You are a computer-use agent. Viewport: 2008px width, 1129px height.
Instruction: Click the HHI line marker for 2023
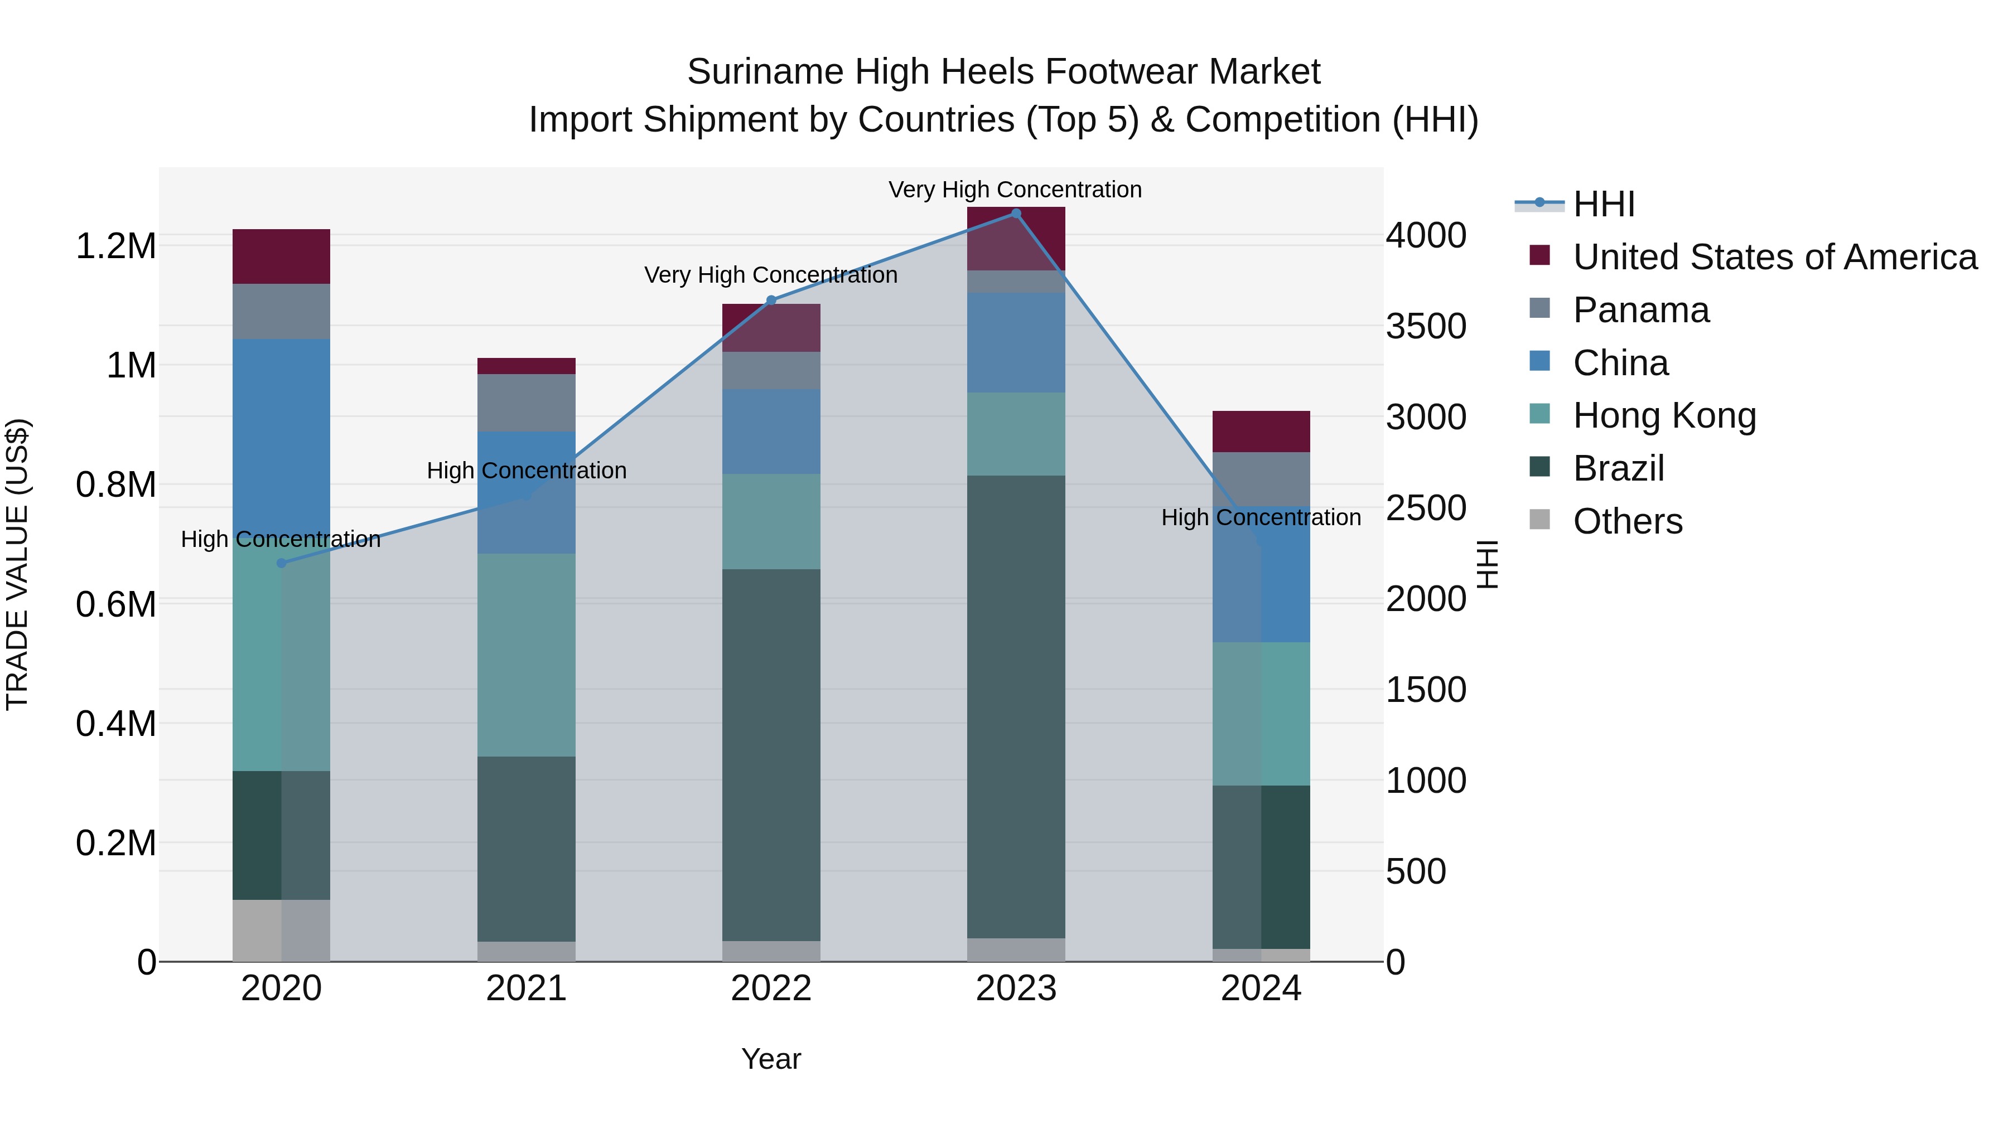pyautogui.click(x=1016, y=214)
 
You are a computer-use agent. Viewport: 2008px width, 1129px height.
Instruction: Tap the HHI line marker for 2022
pyautogui.click(x=771, y=300)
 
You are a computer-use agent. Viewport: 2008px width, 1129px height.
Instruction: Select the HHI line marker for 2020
pyautogui.click(x=282, y=563)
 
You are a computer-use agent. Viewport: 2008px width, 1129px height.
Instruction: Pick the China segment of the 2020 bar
pyautogui.click(x=282, y=437)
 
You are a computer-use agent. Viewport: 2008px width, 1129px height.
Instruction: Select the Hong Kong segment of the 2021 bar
pyautogui.click(x=526, y=655)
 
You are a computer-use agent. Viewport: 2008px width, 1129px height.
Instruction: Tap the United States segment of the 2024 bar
pyautogui.click(x=1261, y=431)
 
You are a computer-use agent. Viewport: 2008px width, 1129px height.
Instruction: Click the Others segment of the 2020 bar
pyautogui.click(x=282, y=931)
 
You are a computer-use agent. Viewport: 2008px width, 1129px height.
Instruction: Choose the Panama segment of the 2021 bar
pyautogui.click(x=526, y=403)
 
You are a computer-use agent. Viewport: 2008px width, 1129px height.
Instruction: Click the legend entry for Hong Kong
pyautogui.click(x=1664, y=415)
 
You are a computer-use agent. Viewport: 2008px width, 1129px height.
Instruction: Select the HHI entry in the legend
pyautogui.click(x=1604, y=204)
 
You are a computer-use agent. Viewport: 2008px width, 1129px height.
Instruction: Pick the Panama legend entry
pyautogui.click(x=1641, y=310)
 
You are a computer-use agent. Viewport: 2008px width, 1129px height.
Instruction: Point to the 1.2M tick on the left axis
pyautogui.click(x=116, y=246)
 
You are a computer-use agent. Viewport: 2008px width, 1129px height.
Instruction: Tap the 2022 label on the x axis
pyautogui.click(x=771, y=989)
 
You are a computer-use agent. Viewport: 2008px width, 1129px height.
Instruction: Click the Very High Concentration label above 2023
pyautogui.click(x=1015, y=190)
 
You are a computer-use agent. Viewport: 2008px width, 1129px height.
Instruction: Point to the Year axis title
pyautogui.click(x=771, y=1059)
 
